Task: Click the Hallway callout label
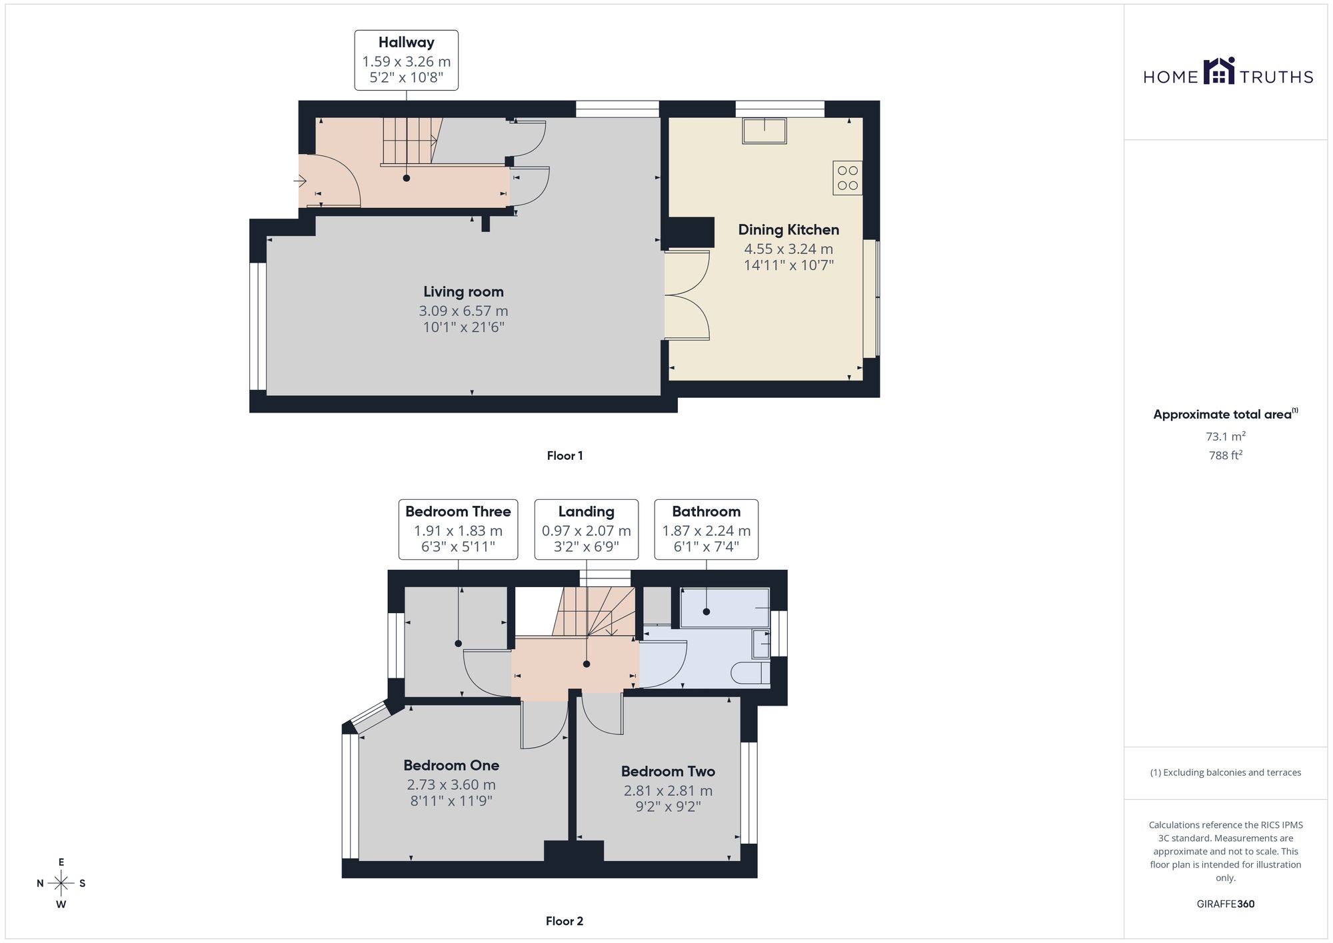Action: coord(407,60)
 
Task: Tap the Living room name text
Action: coord(463,292)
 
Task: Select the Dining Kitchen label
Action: coord(788,230)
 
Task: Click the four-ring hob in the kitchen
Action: coord(847,178)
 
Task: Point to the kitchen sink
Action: coord(764,131)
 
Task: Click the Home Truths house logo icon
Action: coord(1219,71)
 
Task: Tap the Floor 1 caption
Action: coord(565,456)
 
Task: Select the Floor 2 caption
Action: coord(565,921)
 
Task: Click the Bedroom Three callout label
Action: coord(458,529)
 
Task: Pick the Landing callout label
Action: coord(587,529)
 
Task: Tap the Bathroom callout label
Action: coord(706,529)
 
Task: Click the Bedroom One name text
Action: coord(451,766)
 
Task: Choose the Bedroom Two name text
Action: coord(668,772)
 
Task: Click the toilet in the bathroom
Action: coord(750,673)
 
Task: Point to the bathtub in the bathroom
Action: coord(724,607)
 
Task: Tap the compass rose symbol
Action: coord(61,884)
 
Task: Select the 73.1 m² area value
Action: coord(1226,437)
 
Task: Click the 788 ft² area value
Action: coord(1226,456)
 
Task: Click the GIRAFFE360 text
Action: coord(1226,904)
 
